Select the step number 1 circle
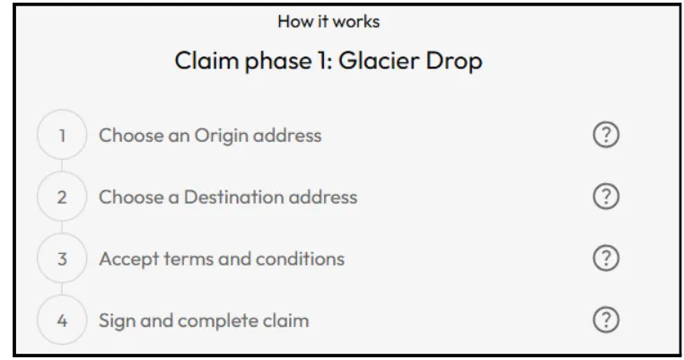pos(62,136)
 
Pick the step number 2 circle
pos(62,198)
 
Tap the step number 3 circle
pos(62,259)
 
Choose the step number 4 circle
pos(62,320)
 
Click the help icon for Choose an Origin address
pos(608,136)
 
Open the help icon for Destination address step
pos(608,197)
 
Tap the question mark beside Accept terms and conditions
pos(608,259)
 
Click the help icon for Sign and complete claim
pos(608,320)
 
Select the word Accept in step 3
pos(127,259)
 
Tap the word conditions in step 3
pos(303,259)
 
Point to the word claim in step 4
pos(288,320)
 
